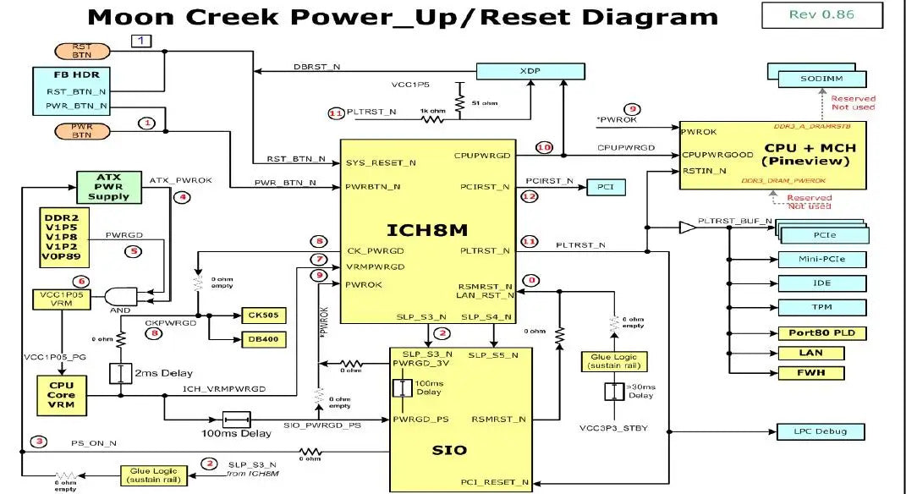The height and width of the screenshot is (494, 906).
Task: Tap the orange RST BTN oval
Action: click(82, 52)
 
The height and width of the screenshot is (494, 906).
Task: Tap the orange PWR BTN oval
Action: click(82, 130)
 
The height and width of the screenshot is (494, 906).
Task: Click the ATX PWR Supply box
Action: click(108, 187)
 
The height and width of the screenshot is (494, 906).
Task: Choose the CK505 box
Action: click(263, 316)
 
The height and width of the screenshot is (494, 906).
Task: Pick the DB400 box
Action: click(263, 340)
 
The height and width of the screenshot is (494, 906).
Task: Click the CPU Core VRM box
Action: click(61, 395)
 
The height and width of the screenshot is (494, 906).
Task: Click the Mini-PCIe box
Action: click(821, 259)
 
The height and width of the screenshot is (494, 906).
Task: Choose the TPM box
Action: click(821, 307)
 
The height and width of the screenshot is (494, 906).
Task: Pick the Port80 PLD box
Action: click(821, 332)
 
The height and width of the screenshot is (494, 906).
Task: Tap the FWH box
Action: click(821, 373)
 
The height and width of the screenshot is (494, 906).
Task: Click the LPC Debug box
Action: click(821, 432)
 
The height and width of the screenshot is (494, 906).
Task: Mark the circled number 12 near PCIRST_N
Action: click(530, 197)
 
